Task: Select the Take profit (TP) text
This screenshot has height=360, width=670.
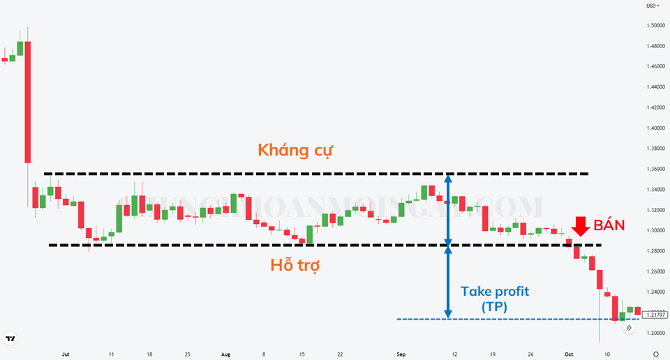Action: pos(495,299)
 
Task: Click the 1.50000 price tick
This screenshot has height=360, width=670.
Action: pos(656,26)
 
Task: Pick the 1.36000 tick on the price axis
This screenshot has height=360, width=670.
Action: pos(656,169)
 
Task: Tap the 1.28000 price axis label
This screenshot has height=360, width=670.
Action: pos(656,250)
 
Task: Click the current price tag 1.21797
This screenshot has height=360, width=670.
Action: pos(655,315)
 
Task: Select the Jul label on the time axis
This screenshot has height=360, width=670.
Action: pos(66,354)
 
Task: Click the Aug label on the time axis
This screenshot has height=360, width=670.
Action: pos(225,354)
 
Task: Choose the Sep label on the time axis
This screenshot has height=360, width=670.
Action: pos(400,354)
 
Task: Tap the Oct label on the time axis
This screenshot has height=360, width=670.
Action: pos(568,354)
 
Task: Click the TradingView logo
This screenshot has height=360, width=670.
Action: pos(10,340)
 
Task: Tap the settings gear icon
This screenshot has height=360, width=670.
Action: pos(655,354)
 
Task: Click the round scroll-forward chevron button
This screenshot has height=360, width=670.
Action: pos(629,327)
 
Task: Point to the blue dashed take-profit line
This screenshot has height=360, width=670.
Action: pos(489,320)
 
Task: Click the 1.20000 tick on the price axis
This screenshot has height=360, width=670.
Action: pos(656,333)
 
